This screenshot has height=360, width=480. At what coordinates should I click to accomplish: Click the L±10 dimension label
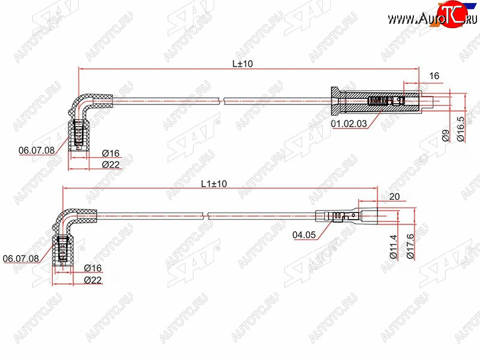click(x=242, y=64)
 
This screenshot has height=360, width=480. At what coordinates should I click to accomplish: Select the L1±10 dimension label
click(x=214, y=184)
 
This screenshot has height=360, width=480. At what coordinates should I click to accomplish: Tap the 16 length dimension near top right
click(x=434, y=76)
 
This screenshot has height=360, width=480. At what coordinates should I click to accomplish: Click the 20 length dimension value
click(x=395, y=197)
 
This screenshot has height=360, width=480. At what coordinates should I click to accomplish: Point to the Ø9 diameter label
click(x=446, y=136)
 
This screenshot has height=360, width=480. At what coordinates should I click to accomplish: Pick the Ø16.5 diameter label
click(x=460, y=129)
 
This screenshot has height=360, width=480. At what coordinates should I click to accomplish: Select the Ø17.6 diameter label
click(x=410, y=247)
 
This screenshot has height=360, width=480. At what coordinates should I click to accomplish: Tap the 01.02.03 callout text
click(x=349, y=124)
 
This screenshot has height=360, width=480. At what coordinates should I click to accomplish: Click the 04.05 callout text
click(x=304, y=235)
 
